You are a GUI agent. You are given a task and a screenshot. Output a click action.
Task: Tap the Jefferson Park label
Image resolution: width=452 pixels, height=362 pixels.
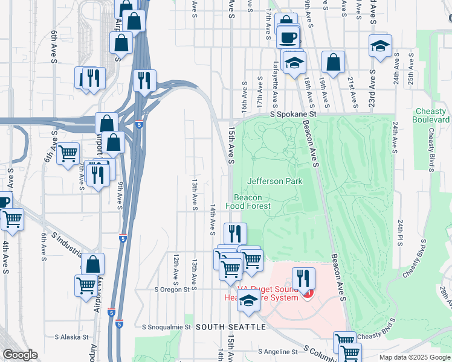274,181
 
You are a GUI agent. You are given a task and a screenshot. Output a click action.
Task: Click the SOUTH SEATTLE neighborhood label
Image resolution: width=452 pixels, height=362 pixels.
230,326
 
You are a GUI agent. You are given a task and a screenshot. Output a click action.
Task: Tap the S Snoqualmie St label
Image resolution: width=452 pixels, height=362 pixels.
166,327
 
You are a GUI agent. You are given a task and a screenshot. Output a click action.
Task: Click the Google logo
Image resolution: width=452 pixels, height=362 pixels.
19,355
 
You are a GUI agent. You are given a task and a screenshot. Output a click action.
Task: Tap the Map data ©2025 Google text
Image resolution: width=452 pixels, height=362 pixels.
414,357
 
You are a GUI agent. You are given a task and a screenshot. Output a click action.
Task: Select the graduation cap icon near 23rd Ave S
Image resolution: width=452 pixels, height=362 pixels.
380,46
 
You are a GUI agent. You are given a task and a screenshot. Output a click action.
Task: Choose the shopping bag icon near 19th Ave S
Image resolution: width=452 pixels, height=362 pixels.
333,62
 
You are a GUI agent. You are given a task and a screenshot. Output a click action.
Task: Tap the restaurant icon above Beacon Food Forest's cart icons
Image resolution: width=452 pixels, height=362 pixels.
235,233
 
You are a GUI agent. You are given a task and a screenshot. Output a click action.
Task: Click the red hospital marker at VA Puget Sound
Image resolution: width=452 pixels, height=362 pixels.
308,293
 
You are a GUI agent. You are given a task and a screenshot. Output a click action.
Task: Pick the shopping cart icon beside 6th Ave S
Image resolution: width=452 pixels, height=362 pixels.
68,153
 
